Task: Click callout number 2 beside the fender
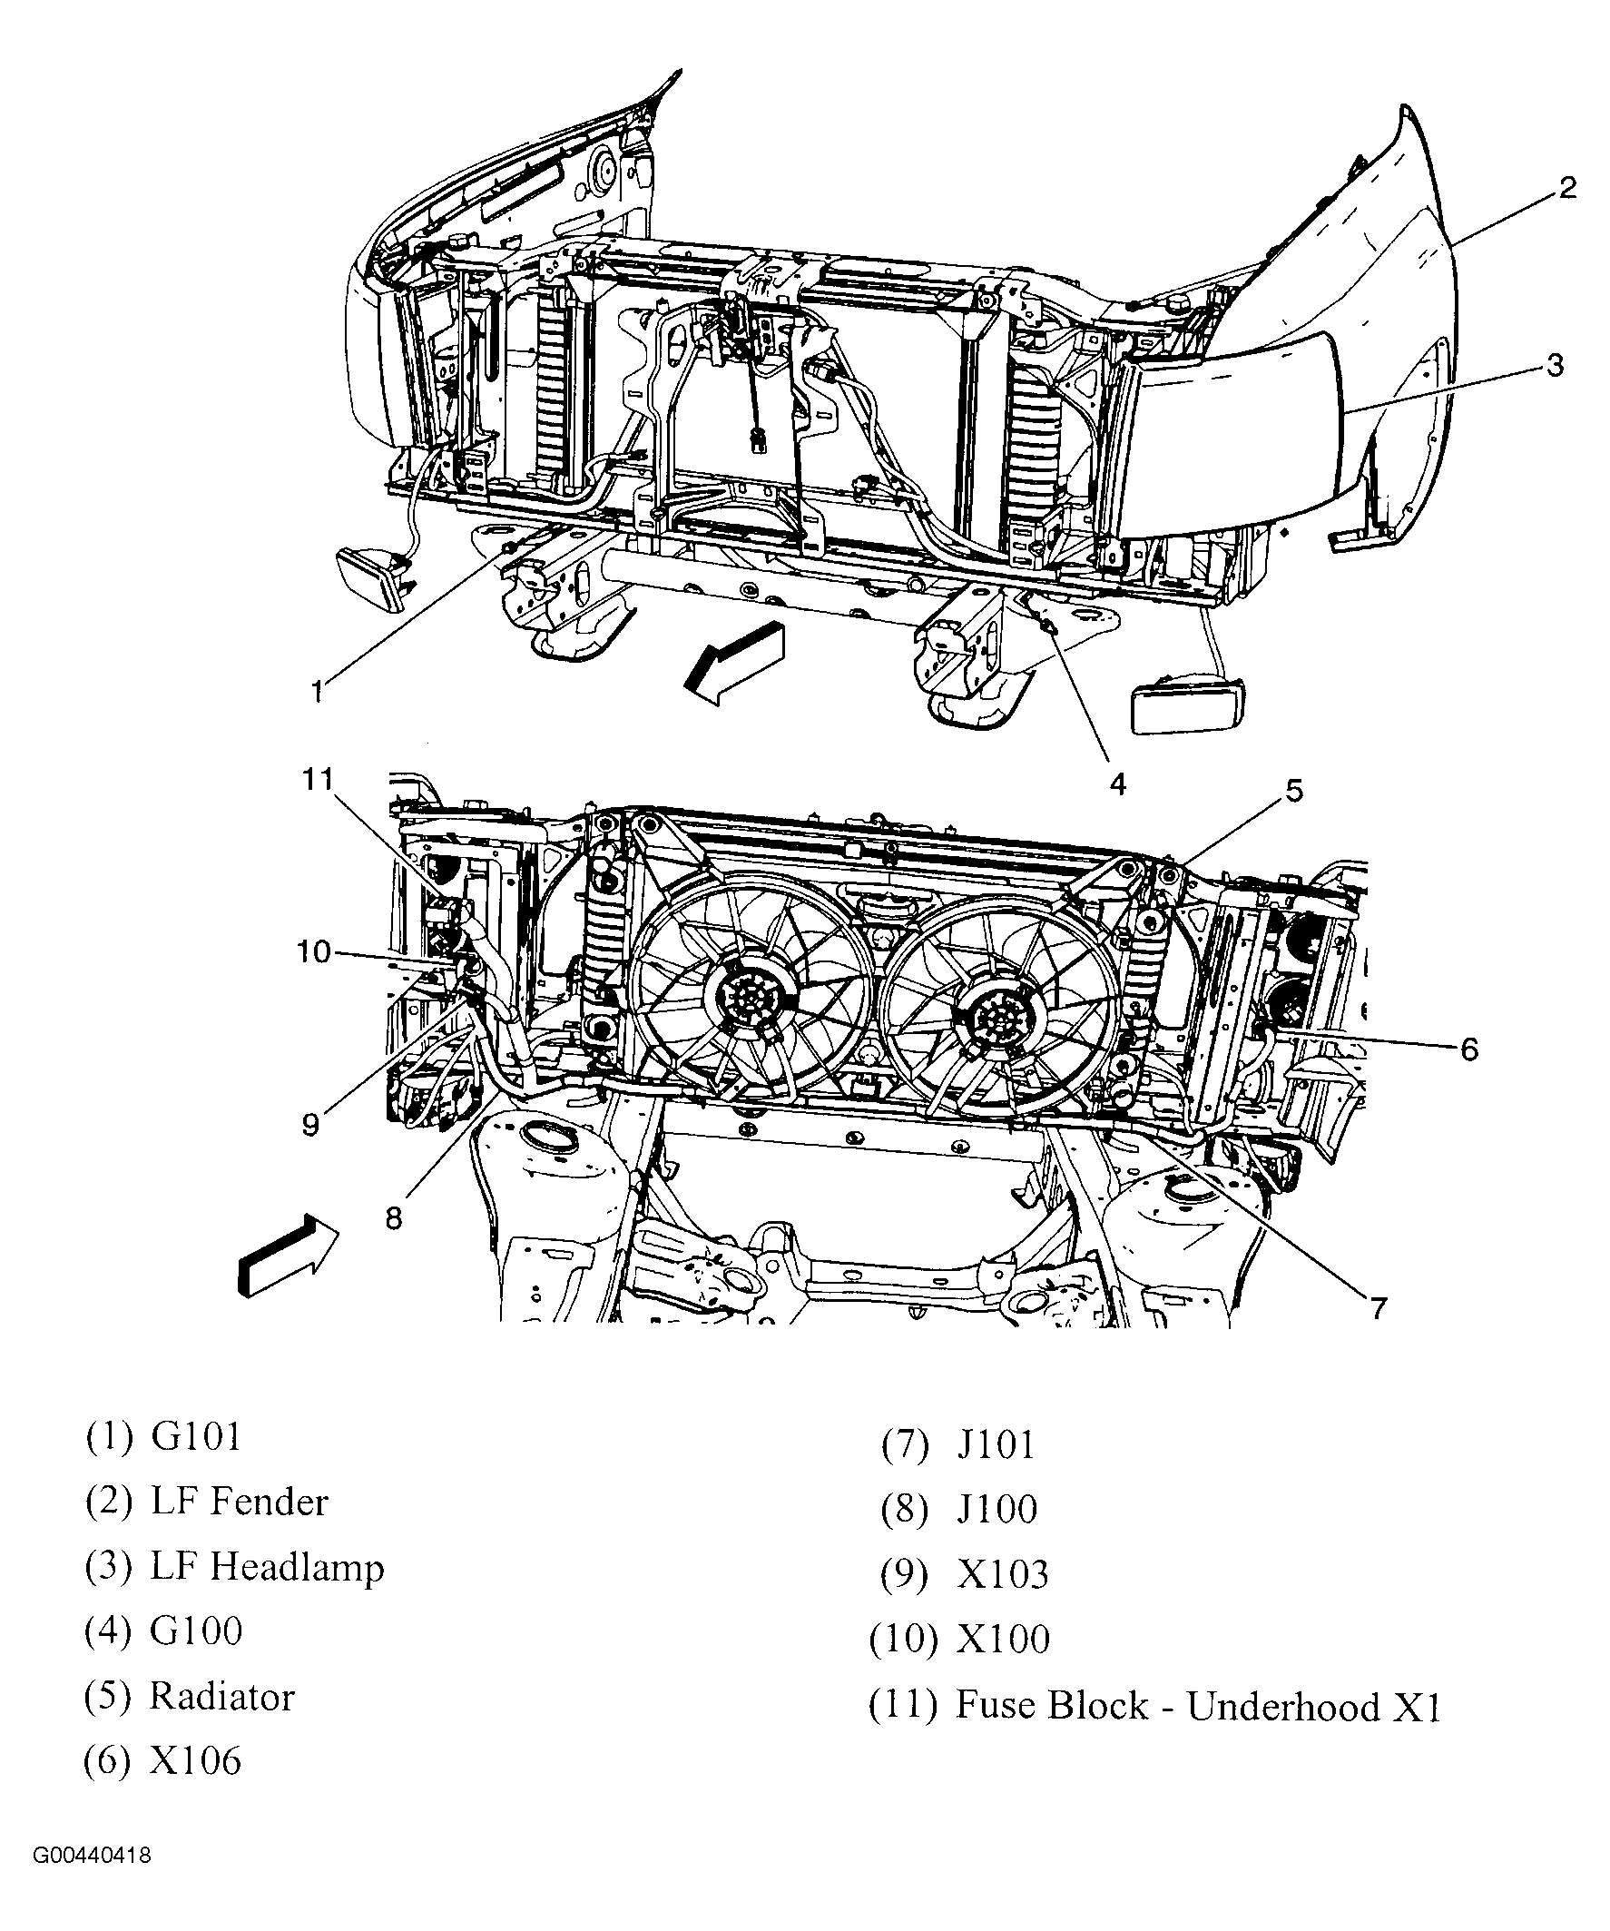pyautogui.click(x=1567, y=188)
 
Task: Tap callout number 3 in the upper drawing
pyautogui.click(x=1554, y=366)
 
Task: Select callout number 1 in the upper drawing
pyautogui.click(x=318, y=691)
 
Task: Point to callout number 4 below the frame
pyautogui.click(x=1118, y=783)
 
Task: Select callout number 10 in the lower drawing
pyautogui.click(x=313, y=951)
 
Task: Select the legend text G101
pyautogui.click(x=196, y=1436)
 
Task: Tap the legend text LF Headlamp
pyautogui.click(x=267, y=1567)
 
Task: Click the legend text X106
pyautogui.click(x=196, y=1761)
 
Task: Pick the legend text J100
pyautogui.click(x=996, y=1509)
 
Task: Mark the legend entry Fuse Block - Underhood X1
pyautogui.click(x=1198, y=1706)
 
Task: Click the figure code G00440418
pyautogui.click(x=92, y=1880)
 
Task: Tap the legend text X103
pyautogui.click(x=1002, y=1574)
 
